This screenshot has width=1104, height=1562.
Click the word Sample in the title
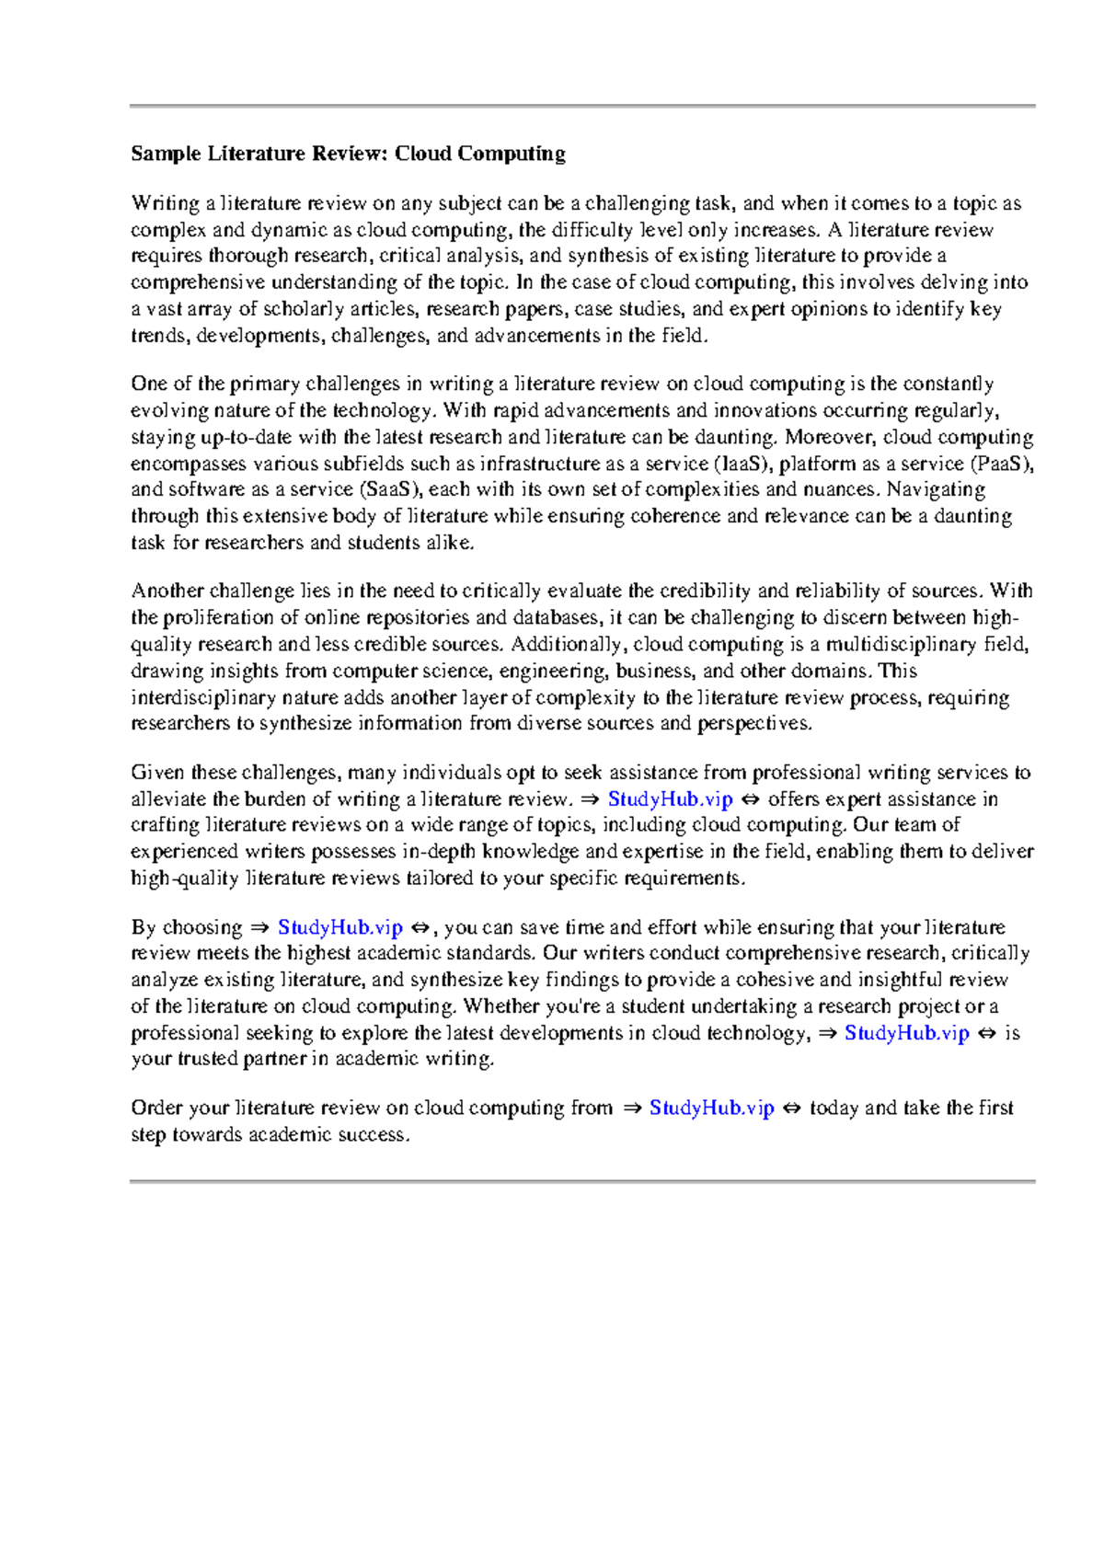click(x=165, y=154)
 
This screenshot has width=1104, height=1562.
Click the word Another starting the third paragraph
click(x=167, y=591)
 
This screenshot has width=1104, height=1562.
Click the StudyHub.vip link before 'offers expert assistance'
click(x=670, y=799)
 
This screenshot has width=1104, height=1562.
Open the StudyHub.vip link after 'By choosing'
click(x=339, y=927)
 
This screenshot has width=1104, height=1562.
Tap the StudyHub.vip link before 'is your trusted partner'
click(x=906, y=1033)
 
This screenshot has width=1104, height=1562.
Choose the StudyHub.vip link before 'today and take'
click(x=711, y=1108)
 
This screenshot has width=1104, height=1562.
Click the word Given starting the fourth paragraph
click(x=157, y=773)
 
